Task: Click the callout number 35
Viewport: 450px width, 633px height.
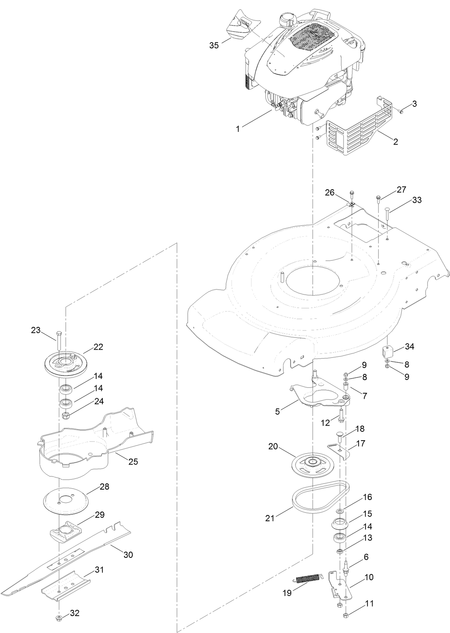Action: pyautogui.click(x=214, y=45)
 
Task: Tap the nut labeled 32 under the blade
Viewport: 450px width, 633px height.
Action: pyautogui.click(x=59, y=619)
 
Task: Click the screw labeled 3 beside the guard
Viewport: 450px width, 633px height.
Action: pyautogui.click(x=401, y=111)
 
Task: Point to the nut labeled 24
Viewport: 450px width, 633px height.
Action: pyautogui.click(x=65, y=416)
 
